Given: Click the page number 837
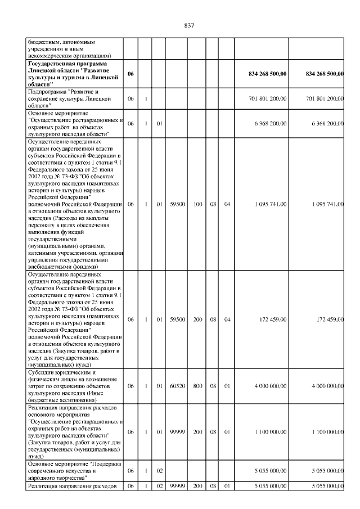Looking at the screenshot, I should point(189,25).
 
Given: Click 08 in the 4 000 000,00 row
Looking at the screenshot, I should point(213,386).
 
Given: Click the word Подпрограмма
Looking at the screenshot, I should point(47,91).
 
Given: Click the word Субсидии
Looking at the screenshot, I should point(42,372).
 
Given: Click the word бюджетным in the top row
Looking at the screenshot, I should point(43,42).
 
